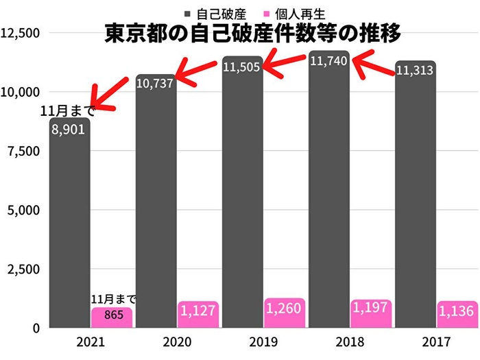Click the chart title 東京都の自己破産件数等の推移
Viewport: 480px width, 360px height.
coord(252,34)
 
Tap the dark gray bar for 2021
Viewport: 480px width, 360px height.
coord(69,226)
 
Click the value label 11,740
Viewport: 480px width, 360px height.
coord(329,61)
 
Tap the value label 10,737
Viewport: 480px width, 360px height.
coord(155,83)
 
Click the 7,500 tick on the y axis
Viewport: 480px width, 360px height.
coord(23,150)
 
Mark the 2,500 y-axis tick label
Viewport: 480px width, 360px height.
coord(23,269)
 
